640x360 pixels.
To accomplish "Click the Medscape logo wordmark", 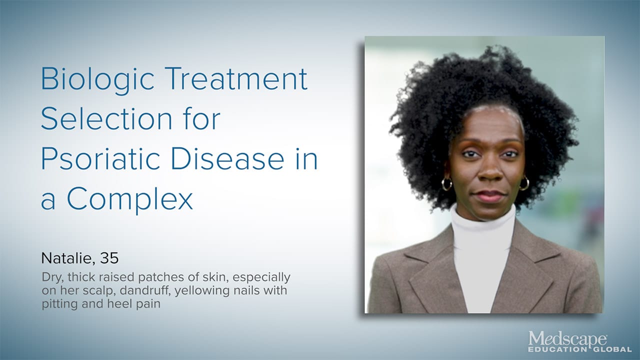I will (567, 339).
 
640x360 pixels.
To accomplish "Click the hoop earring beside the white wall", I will (446, 184).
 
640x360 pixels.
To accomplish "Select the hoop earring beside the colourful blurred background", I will (523, 183).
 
